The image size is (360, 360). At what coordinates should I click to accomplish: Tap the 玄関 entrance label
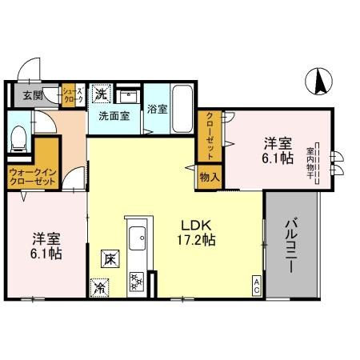click(x=32, y=95)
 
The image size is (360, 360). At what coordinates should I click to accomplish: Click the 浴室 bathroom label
click(x=158, y=110)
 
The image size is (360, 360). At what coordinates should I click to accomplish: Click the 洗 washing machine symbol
click(x=101, y=94)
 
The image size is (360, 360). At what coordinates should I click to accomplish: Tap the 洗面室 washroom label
click(x=113, y=115)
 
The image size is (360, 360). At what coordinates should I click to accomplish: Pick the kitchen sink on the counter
click(x=137, y=238)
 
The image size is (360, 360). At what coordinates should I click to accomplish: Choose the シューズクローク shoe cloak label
click(x=69, y=96)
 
